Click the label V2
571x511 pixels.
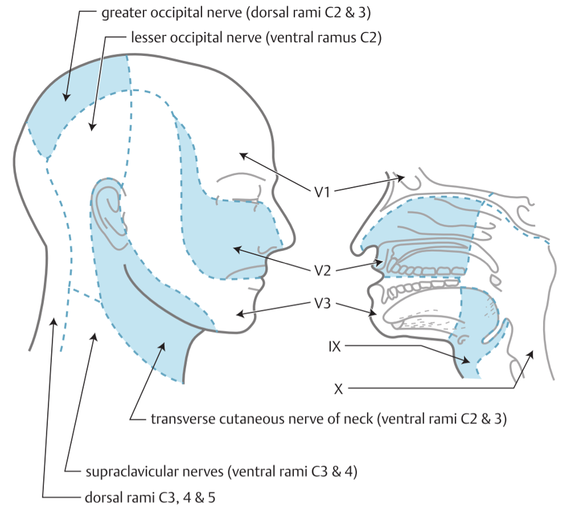[323, 270]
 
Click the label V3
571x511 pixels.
[323, 303]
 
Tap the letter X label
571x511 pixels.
[338, 388]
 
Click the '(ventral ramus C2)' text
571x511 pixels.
[323, 38]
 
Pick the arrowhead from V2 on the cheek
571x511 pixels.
[233, 249]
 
